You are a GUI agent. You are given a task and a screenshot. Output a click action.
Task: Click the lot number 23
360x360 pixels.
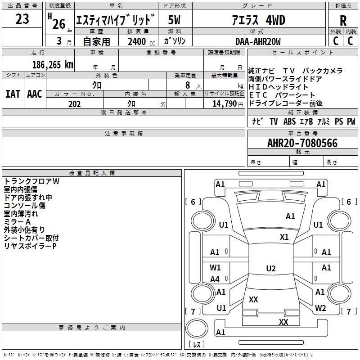click(x=22, y=19)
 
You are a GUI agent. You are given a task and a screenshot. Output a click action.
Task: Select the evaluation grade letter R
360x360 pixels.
click(x=343, y=21)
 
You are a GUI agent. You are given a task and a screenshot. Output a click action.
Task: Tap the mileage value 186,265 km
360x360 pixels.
click(x=53, y=64)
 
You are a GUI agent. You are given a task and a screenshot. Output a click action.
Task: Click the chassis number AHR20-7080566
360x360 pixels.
click(x=302, y=144)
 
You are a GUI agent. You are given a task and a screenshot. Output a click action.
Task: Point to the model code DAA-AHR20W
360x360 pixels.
click(x=258, y=41)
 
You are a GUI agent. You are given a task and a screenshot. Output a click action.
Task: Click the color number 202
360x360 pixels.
click(x=74, y=104)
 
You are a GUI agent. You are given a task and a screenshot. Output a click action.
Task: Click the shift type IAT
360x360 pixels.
click(x=13, y=94)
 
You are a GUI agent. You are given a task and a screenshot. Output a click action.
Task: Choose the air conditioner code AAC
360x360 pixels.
click(x=34, y=94)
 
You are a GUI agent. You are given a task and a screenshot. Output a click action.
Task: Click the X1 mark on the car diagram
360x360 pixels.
click(x=284, y=237)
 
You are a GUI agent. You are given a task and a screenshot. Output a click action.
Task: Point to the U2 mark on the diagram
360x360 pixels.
click(x=270, y=269)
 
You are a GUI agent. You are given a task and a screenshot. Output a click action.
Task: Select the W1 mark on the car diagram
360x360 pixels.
click(x=216, y=268)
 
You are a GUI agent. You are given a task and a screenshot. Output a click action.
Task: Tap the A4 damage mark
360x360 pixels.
click(x=215, y=279)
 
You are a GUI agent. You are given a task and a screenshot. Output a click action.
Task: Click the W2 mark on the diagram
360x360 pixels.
click(x=320, y=308)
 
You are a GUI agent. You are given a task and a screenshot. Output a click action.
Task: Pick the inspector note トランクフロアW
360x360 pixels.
click(x=31, y=181)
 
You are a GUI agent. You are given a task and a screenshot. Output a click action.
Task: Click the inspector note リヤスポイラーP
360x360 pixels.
click(x=30, y=246)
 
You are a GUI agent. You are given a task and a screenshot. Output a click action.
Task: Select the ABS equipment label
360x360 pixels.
click(x=289, y=121)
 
